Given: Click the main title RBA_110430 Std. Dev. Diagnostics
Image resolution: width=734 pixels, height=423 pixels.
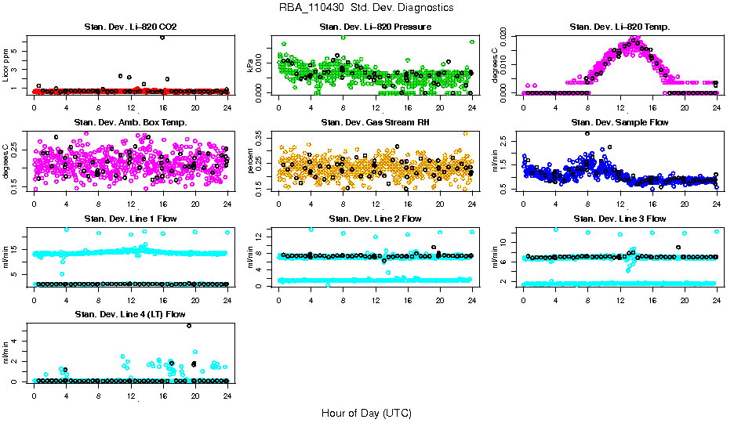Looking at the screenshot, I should point(366,8).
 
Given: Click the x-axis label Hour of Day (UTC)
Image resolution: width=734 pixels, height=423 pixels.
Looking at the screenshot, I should point(366,413).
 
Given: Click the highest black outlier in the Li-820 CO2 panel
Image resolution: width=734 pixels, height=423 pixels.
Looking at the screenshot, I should point(162,37).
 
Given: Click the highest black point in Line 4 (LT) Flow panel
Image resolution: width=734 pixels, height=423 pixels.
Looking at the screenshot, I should point(189,325).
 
